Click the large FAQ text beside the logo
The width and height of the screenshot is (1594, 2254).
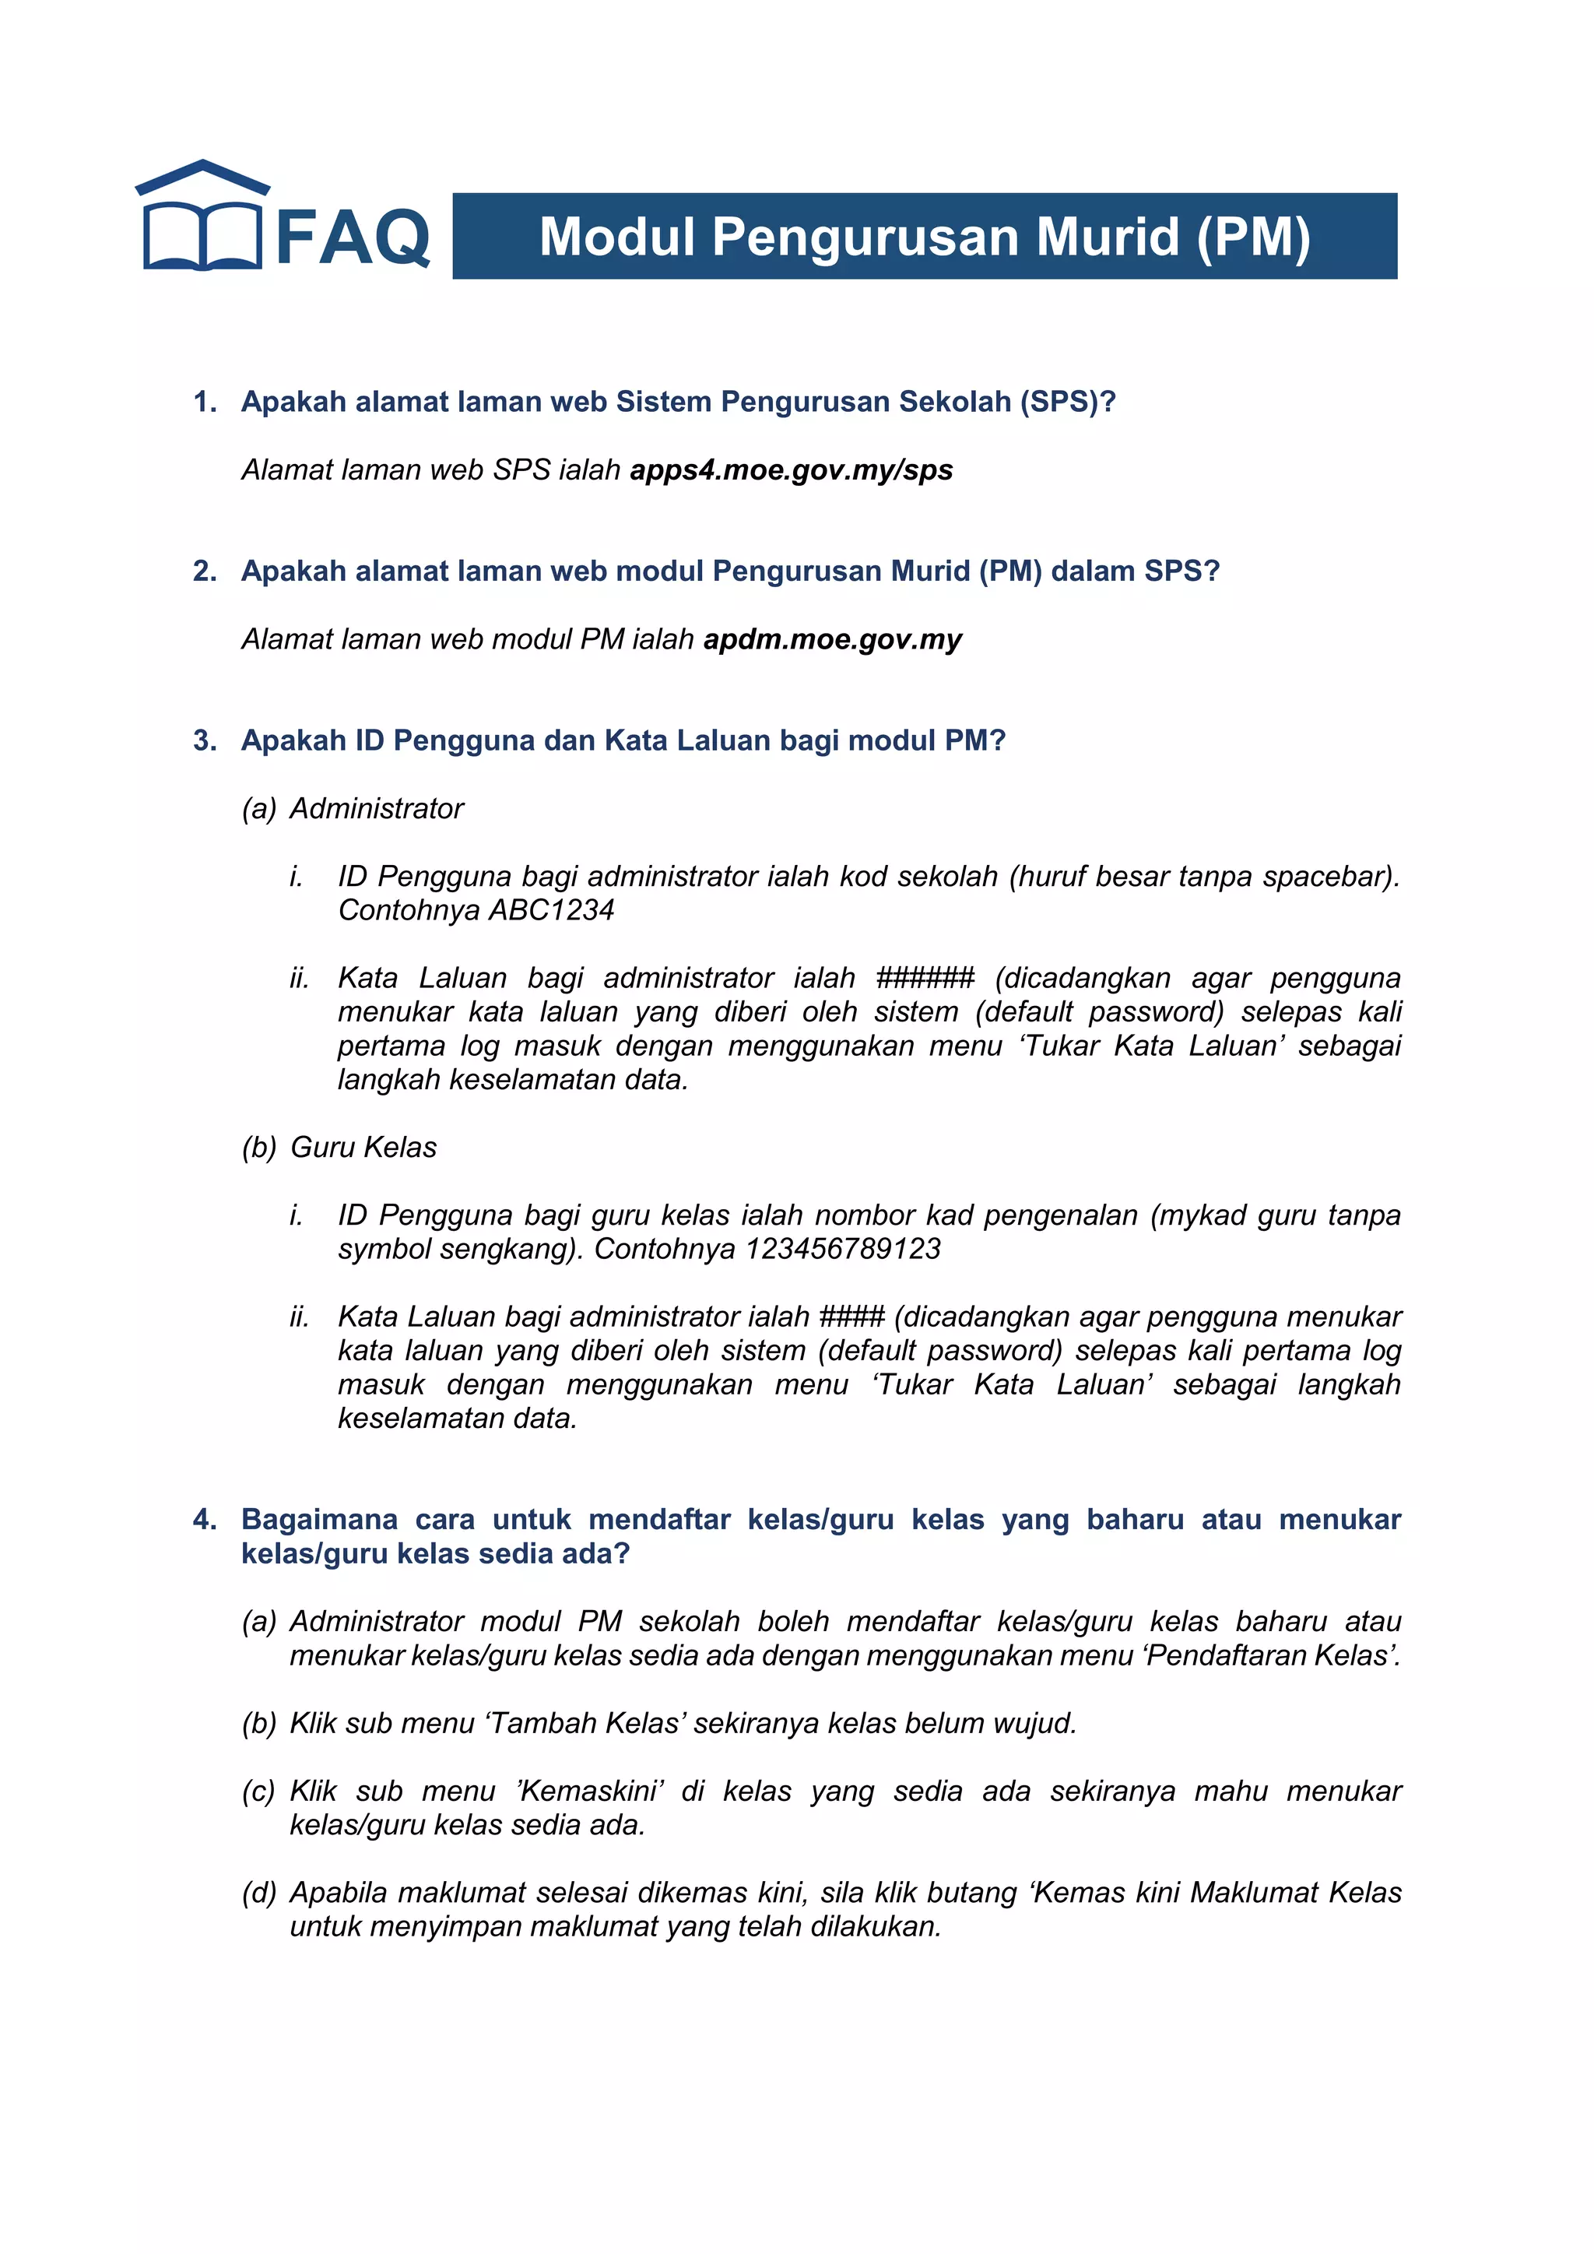pos(353,237)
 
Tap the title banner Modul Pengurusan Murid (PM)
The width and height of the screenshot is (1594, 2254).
pos(924,237)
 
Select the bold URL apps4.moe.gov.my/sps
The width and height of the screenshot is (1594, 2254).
pos(791,470)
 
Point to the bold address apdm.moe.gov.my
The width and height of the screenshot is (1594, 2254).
pos(832,639)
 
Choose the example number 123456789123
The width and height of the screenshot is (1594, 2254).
pos(842,1249)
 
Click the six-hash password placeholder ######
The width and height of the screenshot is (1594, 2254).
pos(925,978)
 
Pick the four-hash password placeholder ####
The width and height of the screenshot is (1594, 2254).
pos(852,1317)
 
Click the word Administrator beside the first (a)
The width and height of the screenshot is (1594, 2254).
pos(377,809)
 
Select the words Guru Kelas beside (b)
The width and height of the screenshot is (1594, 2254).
pos(363,1148)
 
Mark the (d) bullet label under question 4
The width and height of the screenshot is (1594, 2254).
pos(259,1893)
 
